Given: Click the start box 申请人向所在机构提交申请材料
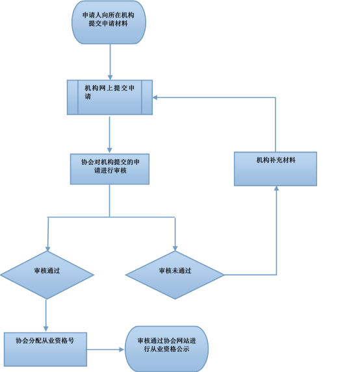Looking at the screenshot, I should pyautogui.click(x=109, y=23).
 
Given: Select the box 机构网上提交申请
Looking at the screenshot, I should pyautogui.click(x=109, y=97).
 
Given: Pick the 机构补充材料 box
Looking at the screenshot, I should pyautogui.click(x=276, y=169).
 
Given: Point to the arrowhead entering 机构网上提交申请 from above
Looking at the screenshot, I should pyautogui.click(x=109, y=77).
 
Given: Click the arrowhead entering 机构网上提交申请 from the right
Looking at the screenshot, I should pyautogui.click(x=156, y=97).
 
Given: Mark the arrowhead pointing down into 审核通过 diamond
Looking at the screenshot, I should pyautogui.click(x=47, y=247).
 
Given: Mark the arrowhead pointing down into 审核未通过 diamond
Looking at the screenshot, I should pyautogui.click(x=175, y=247).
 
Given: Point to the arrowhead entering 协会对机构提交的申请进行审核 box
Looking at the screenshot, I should pyautogui.click(x=109, y=150).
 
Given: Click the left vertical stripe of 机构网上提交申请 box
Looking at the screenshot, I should pyautogui.click(x=73, y=97).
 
